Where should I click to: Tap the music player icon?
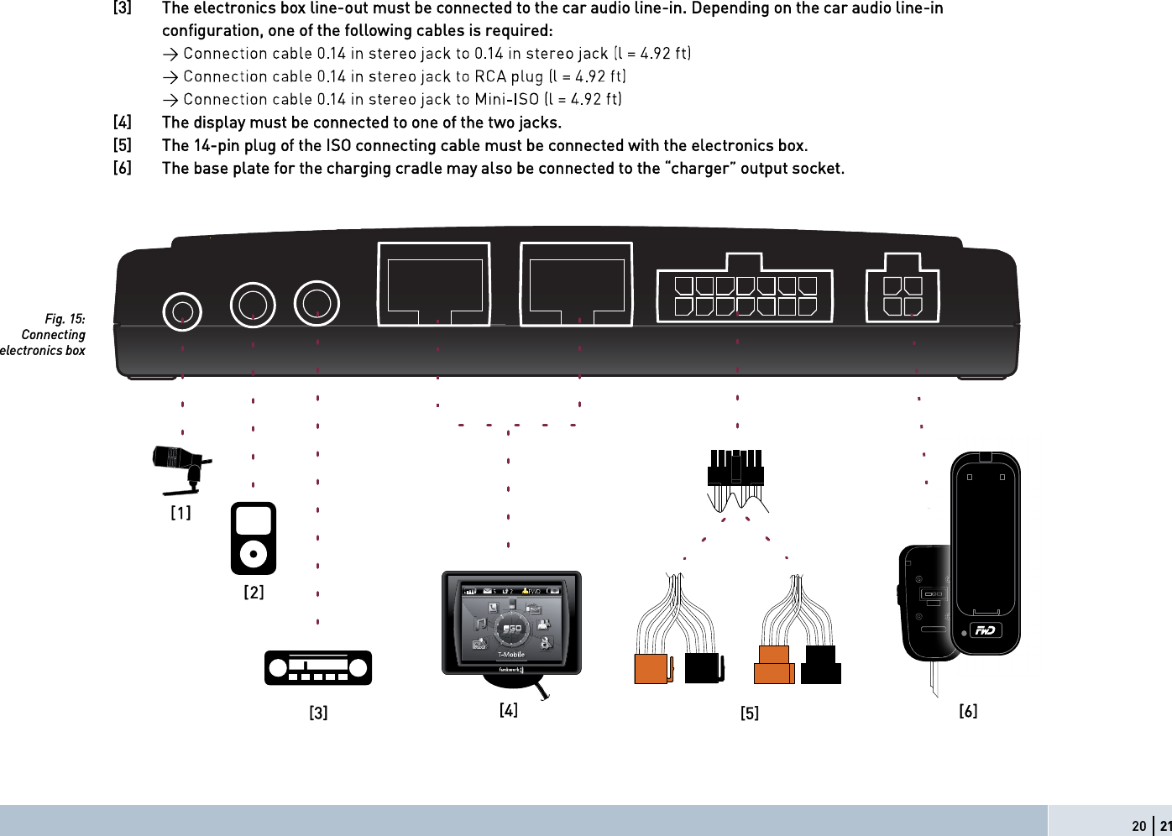click(254, 537)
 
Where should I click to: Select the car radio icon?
click(318, 668)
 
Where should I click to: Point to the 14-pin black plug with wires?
click(735, 475)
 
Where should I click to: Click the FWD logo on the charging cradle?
click(986, 630)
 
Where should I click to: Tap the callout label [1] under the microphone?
click(181, 512)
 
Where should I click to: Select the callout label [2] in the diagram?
click(254, 593)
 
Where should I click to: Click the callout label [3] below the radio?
click(318, 713)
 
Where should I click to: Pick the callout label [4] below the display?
click(508, 710)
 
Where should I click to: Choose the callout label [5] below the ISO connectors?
click(749, 713)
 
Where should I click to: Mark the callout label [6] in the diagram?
click(968, 712)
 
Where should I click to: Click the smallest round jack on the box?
click(182, 311)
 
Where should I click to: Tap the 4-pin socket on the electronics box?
click(903, 288)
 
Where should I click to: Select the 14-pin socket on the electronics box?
click(745, 288)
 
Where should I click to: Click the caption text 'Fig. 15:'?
click(65, 319)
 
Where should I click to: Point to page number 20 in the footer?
click(1138, 826)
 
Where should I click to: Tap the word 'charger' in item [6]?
click(700, 168)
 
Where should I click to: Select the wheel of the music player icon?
click(254, 553)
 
